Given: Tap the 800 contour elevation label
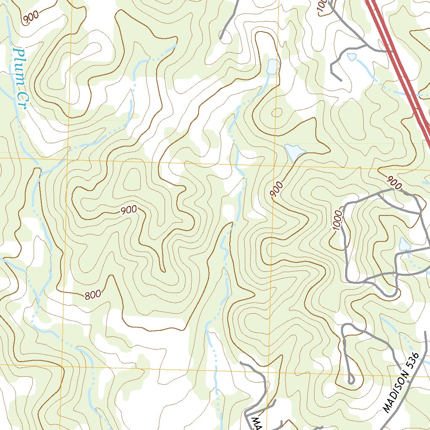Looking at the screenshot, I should click(93, 294).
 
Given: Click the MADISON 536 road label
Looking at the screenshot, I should click(401, 382).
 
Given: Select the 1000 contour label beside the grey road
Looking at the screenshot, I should click(338, 220).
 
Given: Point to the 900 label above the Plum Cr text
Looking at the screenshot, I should click(31, 17).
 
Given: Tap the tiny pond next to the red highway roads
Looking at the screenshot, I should click(351, 57).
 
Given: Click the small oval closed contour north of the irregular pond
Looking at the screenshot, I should click(277, 113).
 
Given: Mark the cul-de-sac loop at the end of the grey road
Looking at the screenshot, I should click(351, 380).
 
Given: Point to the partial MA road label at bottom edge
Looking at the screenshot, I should click(256, 422).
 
